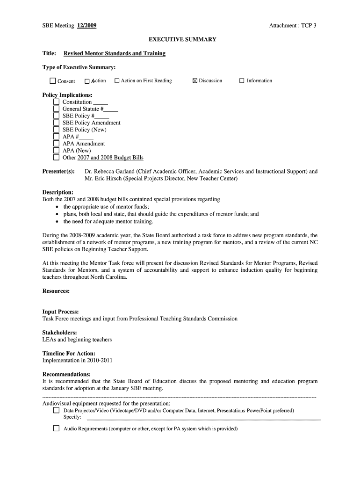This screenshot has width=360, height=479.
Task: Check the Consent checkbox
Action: click(53, 81)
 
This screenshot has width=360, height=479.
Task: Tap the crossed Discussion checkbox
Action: click(195, 81)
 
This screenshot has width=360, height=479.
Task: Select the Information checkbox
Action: click(242, 81)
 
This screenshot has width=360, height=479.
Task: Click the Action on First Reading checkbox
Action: click(117, 81)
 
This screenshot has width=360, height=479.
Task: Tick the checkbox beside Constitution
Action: click(56, 102)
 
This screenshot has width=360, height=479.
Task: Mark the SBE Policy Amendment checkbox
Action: click(56, 123)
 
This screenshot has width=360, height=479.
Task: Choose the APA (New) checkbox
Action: click(56, 151)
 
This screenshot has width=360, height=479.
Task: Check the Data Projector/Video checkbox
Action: click(56, 410)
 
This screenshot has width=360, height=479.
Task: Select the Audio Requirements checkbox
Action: click(56, 428)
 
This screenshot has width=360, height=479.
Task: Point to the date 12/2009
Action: click(87, 26)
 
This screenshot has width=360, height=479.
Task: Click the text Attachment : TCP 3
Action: click(292, 26)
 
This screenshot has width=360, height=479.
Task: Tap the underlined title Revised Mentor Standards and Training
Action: click(115, 53)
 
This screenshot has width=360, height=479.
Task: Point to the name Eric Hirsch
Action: click(105, 179)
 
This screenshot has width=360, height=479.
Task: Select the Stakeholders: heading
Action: click(59, 333)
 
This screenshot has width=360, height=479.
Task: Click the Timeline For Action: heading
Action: click(69, 354)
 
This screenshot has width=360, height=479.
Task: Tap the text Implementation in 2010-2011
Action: click(77, 361)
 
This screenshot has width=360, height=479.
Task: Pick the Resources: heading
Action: click(56, 291)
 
